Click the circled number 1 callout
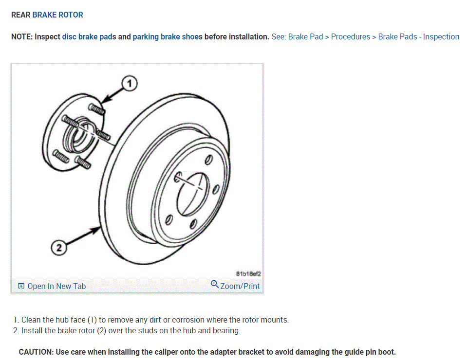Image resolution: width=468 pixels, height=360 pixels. (129, 84)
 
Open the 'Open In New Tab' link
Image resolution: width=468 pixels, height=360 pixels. (56, 286)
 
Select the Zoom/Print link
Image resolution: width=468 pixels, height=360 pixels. (240, 286)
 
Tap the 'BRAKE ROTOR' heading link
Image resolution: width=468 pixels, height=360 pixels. (57, 15)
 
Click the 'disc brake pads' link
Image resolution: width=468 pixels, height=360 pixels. (89, 37)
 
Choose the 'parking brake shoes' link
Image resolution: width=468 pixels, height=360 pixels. (168, 37)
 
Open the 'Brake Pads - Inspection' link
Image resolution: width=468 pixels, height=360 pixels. (418, 37)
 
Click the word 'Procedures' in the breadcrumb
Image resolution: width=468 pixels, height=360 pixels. (351, 37)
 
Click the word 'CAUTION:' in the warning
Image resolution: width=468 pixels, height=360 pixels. (37, 352)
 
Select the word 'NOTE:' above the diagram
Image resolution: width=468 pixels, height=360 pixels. (22, 37)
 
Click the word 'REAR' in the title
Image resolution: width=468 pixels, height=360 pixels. (20, 15)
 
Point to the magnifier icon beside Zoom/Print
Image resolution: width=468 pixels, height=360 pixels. (215, 284)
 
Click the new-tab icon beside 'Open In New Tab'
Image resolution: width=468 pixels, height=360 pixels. (21, 286)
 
